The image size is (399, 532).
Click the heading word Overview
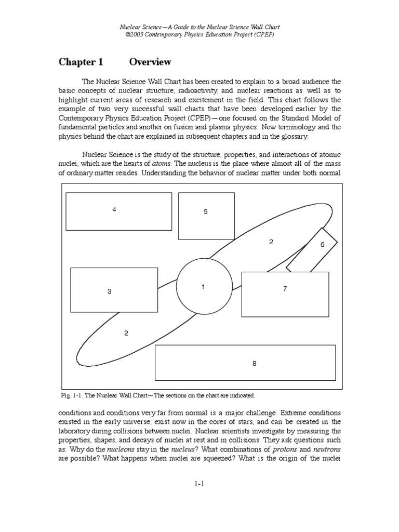[150, 62]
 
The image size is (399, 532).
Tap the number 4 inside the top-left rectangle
[114, 209]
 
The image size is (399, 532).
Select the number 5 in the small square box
[206, 212]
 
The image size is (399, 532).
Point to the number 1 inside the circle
[203, 287]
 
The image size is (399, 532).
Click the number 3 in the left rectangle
[110, 291]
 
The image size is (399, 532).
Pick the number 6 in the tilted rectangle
[322, 244]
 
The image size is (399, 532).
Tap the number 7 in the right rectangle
[285, 289]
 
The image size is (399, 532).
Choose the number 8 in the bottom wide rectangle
[255, 364]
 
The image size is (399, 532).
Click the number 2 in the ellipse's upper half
[271, 242]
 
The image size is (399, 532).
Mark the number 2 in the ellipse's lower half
[126, 333]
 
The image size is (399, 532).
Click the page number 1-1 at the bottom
[199, 484]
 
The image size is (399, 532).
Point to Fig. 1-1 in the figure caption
[71, 395]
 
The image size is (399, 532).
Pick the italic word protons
[285, 449]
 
